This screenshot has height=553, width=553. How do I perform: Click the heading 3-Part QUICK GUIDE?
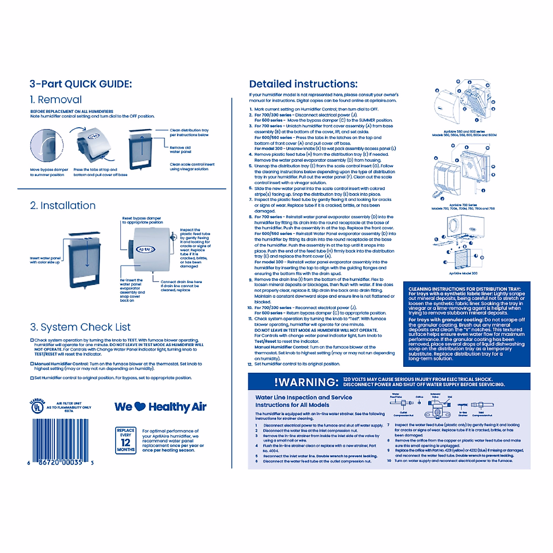pos(81,84)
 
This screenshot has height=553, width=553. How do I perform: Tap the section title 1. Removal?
pos(56,100)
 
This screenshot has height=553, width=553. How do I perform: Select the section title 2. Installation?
pos(63,206)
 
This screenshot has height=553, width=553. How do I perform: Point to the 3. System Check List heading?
pos(81,327)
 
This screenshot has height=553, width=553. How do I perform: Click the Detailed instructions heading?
pos(303,84)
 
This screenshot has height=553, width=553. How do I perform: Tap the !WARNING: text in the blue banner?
pos(306,382)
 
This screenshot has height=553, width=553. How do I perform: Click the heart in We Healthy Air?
pos(140,406)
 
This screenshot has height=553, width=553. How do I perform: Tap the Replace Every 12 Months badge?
pos(125,441)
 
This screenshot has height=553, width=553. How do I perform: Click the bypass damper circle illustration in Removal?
pos(47,146)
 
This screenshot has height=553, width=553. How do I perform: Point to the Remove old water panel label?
pos(180,150)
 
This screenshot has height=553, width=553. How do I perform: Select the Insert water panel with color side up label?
pos(45,260)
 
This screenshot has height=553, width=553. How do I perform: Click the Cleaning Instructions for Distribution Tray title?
pos(464,289)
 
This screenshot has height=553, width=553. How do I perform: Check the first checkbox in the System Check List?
pos(32,340)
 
